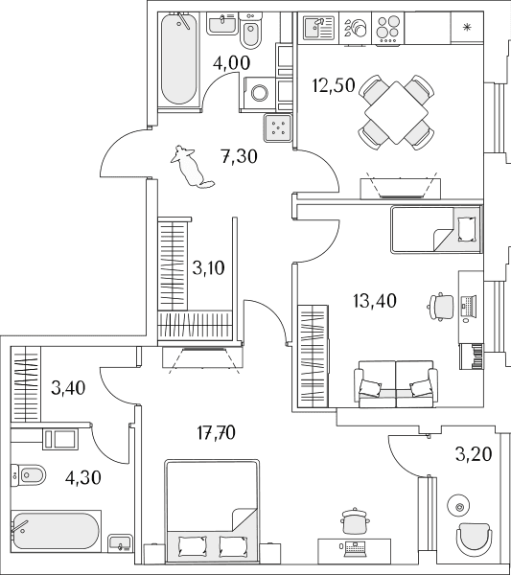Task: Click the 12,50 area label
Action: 334,85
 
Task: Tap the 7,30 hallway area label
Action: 239,156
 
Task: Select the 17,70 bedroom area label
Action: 216,433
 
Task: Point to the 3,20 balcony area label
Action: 474,454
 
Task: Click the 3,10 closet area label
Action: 208,268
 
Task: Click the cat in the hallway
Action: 191,167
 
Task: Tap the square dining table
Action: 397,112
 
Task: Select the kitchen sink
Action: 319,27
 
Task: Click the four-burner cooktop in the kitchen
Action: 387,28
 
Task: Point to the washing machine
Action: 260,93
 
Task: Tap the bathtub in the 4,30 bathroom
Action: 57,531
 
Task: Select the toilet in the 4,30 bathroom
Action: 29,475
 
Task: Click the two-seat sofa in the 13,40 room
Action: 396,384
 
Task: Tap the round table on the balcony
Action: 458,507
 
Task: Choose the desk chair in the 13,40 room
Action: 441,307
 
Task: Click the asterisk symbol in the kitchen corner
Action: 467,27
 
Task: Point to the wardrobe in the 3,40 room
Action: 26,384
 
